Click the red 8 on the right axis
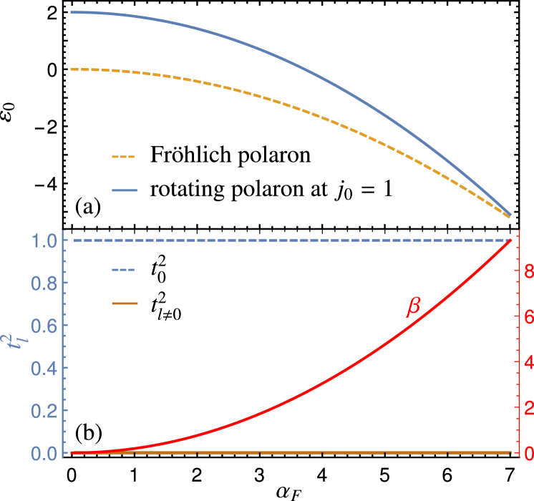(528, 271)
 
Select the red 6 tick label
(528, 317)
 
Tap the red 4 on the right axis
(528, 362)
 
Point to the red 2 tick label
(528, 408)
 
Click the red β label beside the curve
(413, 307)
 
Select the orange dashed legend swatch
(124, 157)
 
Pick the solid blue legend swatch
(124, 190)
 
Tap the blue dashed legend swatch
(124, 270)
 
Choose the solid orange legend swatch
(124, 303)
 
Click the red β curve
(322, 383)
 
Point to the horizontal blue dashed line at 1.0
(286, 240)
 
